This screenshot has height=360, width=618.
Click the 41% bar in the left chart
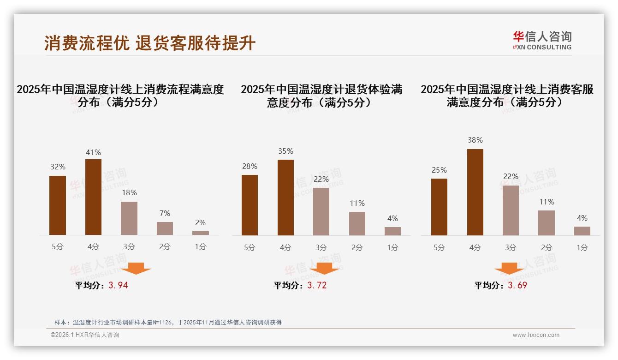[93, 197]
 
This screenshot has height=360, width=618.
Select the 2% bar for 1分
[201, 233]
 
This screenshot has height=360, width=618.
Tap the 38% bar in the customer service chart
[475, 192]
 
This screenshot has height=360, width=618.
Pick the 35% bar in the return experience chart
[285, 198]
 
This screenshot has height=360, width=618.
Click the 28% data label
[250, 167]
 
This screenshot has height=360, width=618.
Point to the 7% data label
[165, 213]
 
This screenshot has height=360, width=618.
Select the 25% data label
[439, 170]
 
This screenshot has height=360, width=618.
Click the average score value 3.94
[118, 285]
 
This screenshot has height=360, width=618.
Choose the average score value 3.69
[517, 285]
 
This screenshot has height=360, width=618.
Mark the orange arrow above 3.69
[509, 268]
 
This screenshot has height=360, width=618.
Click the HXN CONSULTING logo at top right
[542, 41]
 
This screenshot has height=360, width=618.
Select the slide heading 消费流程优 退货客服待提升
[150, 43]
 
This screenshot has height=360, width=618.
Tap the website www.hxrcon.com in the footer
[536, 335]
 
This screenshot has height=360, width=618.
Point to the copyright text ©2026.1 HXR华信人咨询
[85, 335]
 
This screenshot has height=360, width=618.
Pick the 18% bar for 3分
[129, 218]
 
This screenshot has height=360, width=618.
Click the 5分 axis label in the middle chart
[250, 248]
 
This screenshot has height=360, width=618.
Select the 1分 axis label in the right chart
[582, 248]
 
